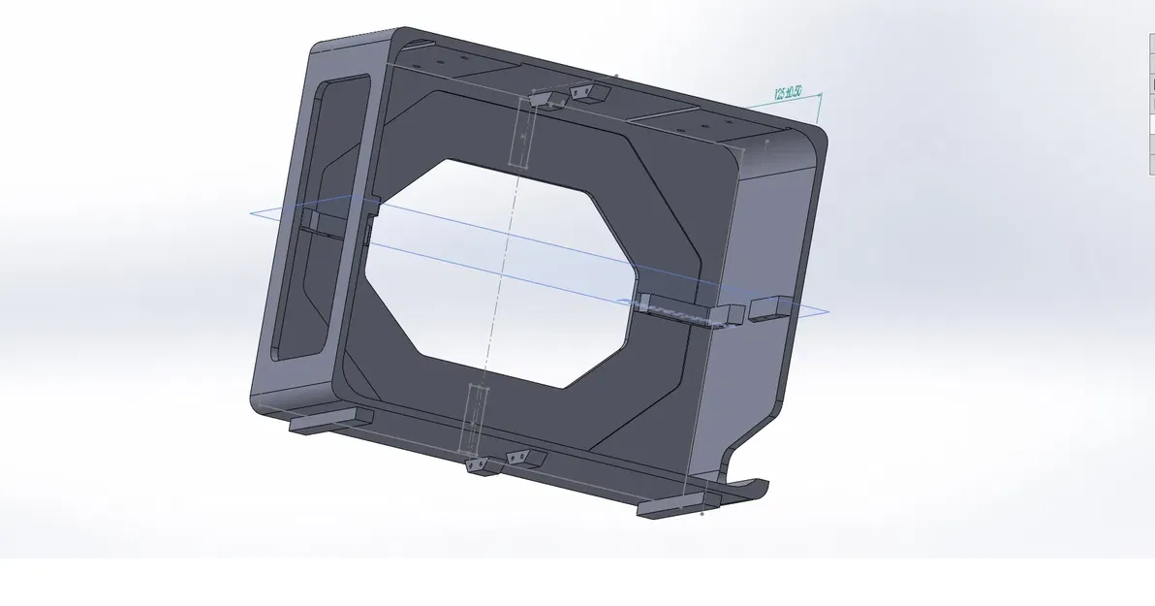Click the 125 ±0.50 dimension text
pyautogui.click(x=789, y=93)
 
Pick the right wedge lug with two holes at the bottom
pyautogui.click(x=524, y=457)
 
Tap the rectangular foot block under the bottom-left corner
pyautogui.click(x=330, y=421)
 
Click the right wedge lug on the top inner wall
pyautogui.click(x=588, y=93)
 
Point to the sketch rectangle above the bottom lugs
pyautogui.click(x=476, y=417)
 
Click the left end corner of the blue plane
pyautogui.click(x=251, y=212)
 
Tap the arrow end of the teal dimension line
pyautogui.click(x=821, y=94)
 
